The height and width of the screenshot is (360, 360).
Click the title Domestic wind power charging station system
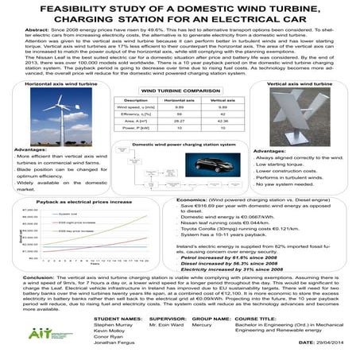pos(180,145)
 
